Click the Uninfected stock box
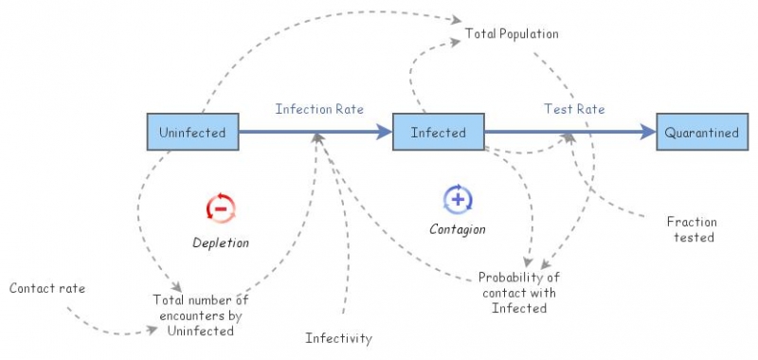pyautogui.click(x=192, y=133)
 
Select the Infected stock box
pyautogui.click(x=438, y=133)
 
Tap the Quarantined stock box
pyautogui.click(x=701, y=133)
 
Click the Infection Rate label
pyautogui.click(x=319, y=109)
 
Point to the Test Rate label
pyautogui.click(x=574, y=109)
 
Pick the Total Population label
pyautogui.click(x=512, y=34)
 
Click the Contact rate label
pyautogui.click(x=47, y=287)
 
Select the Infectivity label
pyautogui.click(x=338, y=338)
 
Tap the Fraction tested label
pyautogui.click(x=692, y=229)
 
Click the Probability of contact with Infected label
pyautogui.click(x=519, y=293)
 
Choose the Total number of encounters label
pyautogui.click(x=200, y=315)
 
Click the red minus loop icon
pyautogui.click(x=220, y=207)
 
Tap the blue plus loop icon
pyautogui.click(x=458, y=200)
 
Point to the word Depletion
pyautogui.click(x=221, y=243)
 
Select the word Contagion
pyautogui.click(x=458, y=229)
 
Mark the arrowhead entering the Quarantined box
pyautogui.click(x=650, y=133)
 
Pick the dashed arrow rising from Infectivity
pyautogui.click(x=345, y=246)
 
